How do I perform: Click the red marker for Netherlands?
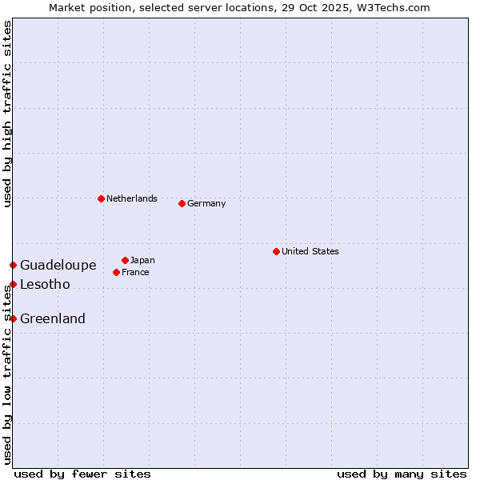tap(101, 198)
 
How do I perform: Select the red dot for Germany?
tap(182, 203)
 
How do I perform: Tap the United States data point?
tap(276, 251)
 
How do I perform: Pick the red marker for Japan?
tap(125, 260)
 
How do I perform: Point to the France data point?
tap(116, 272)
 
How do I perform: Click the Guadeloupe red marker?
tap(13, 265)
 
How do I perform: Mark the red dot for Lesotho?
tap(13, 284)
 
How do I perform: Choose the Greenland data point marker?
tap(13, 318)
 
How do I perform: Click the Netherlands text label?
tap(132, 198)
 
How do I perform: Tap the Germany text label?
tap(206, 203)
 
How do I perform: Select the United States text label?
tap(310, 251)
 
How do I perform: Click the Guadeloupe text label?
tap(58, 265)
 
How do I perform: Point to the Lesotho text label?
tap(45, 284)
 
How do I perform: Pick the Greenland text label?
tap(53, 318)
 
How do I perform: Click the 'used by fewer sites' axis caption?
tap(82, 474)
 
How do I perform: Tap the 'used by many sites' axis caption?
tap(402, 474)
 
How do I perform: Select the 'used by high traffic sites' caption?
tap(7, 114)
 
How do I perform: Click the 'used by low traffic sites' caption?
tap(7, 376)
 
